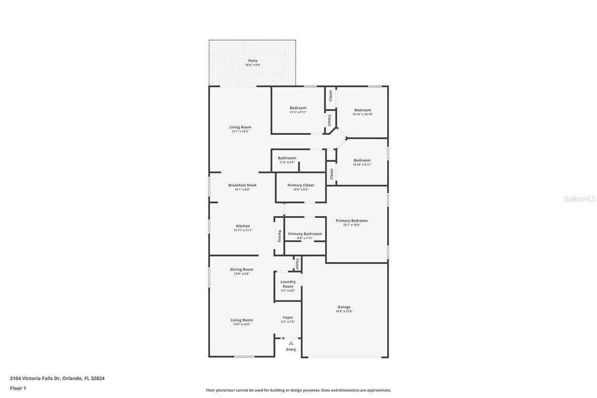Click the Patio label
coord(252,61)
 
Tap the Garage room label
coord(344,307)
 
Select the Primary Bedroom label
coord(351,221)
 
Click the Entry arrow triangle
coord(291,343)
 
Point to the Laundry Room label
coord(288,284)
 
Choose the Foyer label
coord(288,318)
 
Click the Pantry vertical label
coord(279,236)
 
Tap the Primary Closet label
coord(300,185)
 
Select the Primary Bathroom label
coord(305,234)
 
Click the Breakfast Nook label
coord(242,185)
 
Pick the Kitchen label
coord(243,226)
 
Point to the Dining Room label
coord(242,269)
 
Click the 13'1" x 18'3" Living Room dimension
coord(240,132)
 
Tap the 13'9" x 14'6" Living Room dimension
coord(242,324)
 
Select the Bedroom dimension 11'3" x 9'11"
coord(298,112)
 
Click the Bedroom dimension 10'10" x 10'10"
coord(362,114)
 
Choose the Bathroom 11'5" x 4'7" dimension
coord(287,162)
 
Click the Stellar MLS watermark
coord(579,199)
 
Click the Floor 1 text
coord(18,388)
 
